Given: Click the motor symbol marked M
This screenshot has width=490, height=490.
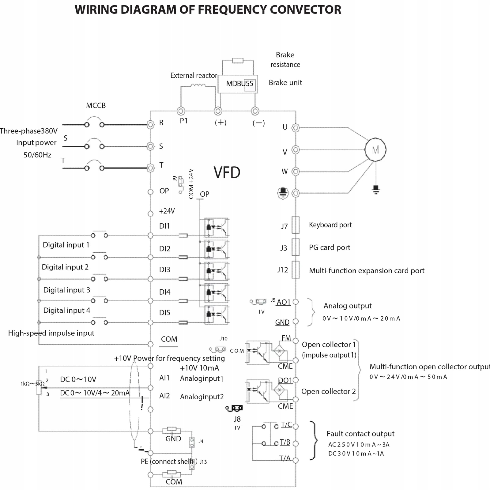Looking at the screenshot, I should [x=375, y=149].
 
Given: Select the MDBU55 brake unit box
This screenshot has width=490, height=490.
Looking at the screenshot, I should [x=238, y=84].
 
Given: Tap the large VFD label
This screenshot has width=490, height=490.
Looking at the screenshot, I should [x=227, y=172].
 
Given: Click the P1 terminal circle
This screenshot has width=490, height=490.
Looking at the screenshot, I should [x=181, y=111].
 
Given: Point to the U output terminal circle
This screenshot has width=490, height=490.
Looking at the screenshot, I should [x=296, y=128].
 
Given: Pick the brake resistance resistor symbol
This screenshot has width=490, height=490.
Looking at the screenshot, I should [x=238, y=61].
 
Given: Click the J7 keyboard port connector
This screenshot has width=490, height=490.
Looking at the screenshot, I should [x=296, y=225].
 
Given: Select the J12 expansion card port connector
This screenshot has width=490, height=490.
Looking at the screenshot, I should [x=296, y=270].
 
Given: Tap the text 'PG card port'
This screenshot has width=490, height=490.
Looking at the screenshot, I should [x=330, y=247].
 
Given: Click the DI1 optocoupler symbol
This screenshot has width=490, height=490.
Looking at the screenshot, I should [x=217, y=227].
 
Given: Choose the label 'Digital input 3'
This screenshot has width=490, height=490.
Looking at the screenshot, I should [x=67, y=290].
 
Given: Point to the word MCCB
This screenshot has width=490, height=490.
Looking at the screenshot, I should [x=96, y=106].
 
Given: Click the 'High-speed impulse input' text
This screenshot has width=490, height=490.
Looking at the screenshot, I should [x=51, y=333].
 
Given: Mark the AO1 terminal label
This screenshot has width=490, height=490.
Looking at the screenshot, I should [x=284, y=302].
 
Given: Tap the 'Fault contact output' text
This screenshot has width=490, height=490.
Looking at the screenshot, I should [x=360, y=434].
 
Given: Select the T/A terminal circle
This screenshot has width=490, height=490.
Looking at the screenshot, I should [x=296, y=460].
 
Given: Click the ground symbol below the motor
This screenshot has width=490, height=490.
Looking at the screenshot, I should [x=376, y=190].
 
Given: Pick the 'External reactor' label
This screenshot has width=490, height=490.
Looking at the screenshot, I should [x=194, y=76].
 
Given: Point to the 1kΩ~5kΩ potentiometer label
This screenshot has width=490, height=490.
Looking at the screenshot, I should [x=32, y=384].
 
